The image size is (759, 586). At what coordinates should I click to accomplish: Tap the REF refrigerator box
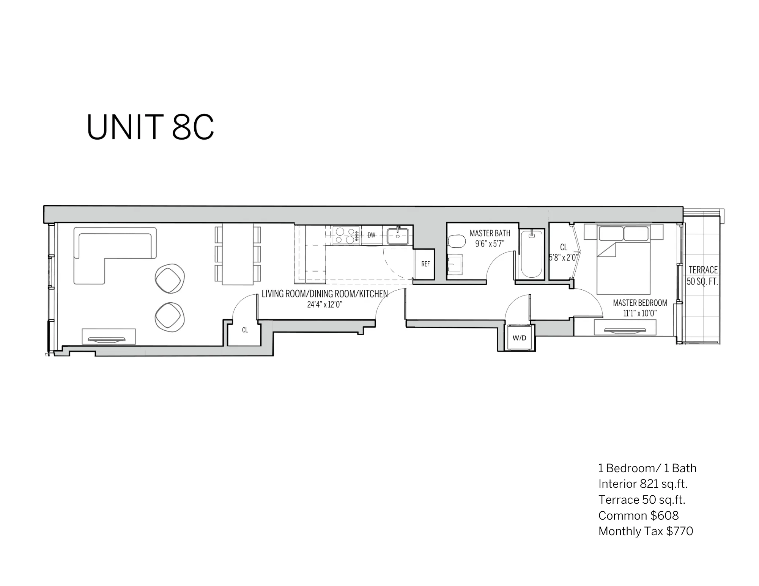pos(425,264)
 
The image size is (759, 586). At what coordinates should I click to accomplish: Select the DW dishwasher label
pos(371,235)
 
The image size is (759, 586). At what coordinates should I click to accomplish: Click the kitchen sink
pos(398,236)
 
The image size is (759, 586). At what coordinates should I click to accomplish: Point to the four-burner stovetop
pos(346,235)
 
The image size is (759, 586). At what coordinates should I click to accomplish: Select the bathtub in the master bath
pos(531,254)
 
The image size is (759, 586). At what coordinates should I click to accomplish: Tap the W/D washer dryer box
pos(519,338)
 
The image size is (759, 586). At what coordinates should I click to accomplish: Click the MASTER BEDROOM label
pos(640,303)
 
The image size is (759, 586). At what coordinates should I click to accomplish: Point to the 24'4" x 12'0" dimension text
pos(325,305)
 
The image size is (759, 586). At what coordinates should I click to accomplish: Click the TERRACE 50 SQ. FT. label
pos(703,275)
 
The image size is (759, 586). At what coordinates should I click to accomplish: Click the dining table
pos(238,254)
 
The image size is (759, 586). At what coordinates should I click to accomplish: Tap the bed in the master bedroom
pos(623,262)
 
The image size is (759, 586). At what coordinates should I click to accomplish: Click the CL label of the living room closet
pos(245,330)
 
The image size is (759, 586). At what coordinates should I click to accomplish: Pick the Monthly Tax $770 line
pos(645,531)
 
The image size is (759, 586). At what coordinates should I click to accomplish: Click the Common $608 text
pos(638,515)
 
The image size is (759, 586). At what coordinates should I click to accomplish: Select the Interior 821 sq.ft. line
pos(643,484)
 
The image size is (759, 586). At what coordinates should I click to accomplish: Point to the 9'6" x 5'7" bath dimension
pos(490,244)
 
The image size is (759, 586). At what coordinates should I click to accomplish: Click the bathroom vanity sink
pos(455,264)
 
